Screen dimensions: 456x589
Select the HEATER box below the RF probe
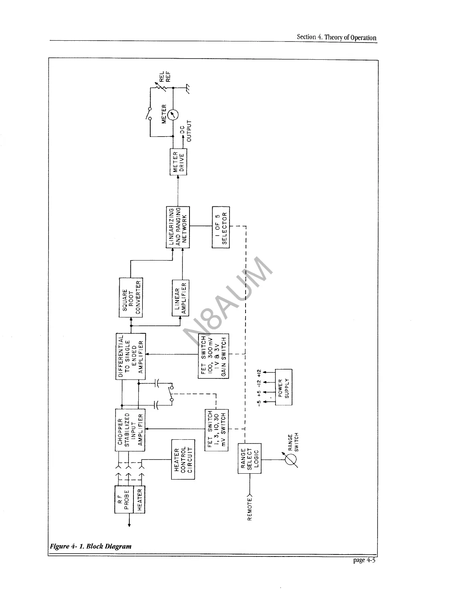pos(139,499)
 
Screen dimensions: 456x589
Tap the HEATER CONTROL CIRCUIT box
pos(183,459)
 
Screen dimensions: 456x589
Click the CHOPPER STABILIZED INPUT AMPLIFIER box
pos(130,430)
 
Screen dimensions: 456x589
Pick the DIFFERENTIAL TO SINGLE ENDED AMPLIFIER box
pos(130,356)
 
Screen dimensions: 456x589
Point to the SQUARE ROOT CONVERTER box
pos(130,297)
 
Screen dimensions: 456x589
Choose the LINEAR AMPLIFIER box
pos(181,297)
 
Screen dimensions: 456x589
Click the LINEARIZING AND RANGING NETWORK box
pos(178,227)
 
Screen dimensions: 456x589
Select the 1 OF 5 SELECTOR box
pos(221,227)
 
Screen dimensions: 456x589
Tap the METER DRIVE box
pos(178,162)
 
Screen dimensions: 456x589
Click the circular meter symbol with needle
pos(173,115)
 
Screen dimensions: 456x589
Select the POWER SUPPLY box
pos(284,387)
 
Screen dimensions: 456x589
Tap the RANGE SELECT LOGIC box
pos(249,458)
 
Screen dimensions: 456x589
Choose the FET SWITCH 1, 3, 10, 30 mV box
pos(216,430)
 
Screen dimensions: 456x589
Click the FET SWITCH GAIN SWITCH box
pos(213,356)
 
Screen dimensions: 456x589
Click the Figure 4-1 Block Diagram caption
pos(91,546)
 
